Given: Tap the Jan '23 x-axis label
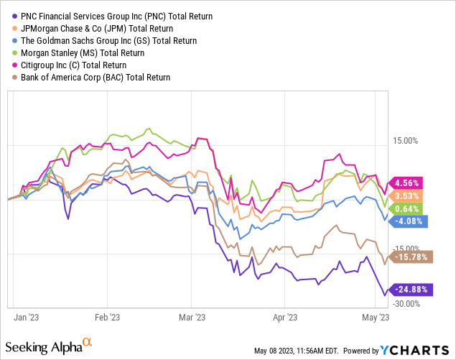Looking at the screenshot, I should coord(27,316).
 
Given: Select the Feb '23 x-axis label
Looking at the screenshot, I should coord(108,316).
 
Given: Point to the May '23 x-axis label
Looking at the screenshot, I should coord(376,316).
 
